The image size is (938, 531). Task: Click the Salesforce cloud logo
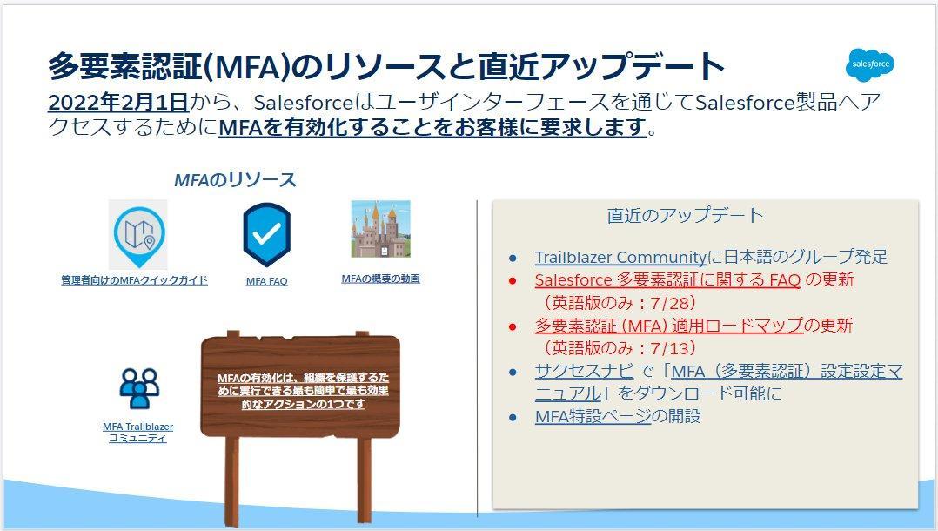pyautogui.click(x=870, y=64)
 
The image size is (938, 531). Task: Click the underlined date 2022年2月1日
pyautogui.click(x=118, y=103)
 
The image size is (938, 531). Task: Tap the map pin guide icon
pyautogui.click(x=138, y=235)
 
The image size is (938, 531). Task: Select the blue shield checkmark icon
pyautogui.click(x=267, y=235)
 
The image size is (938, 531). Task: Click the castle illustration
pyautogui.click(x=380, y=229)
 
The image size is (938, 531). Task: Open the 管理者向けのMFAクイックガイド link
pyautogui.click(x=135, y=280)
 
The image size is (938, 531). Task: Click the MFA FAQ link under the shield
pyautogui.click(x=267, y=281)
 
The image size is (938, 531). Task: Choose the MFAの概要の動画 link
pyautogui.click(x=380, y=279)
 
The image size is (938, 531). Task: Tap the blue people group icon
pyautogui.click(x=139, y=387)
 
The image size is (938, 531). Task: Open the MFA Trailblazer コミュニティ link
pyautogui.click(x=137, y=433)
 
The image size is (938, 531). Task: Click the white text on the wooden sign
pyautogui.click(x=304, y=391)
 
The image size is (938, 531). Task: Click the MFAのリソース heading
pyautogui.click(x=235, y=179)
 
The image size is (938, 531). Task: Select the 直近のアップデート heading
pyautogui.click(x=685, y=215)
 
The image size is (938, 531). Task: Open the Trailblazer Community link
pyautogui.click(x=620, y=258)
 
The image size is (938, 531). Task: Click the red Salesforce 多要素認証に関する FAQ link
pyautogui.click(x=667, y=279)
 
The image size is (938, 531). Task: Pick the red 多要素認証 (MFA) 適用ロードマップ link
pyautogui.click(x=669, y=326)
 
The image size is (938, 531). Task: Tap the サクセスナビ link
pyautogui.click(x=584, y=371)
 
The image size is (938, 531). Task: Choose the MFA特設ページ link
pyautogui.click(x=593, y=416)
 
